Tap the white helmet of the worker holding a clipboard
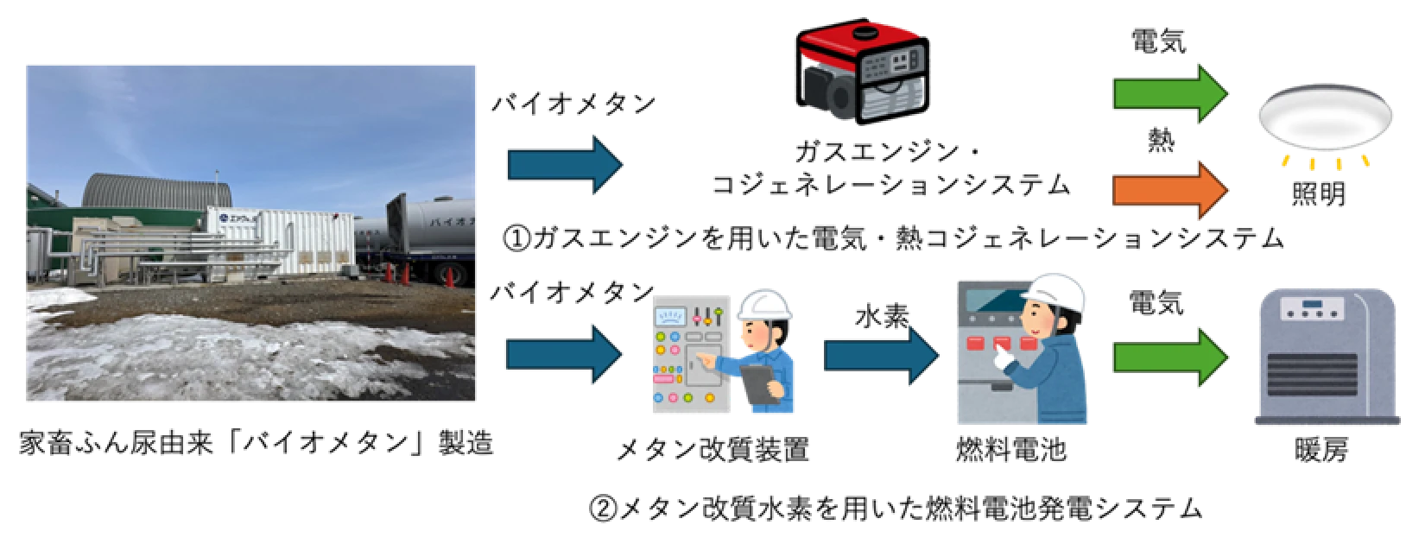click(765, 305)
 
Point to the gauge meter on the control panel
click(670, 317)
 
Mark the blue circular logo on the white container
click(222, 219)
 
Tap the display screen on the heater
click(1313, 304)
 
